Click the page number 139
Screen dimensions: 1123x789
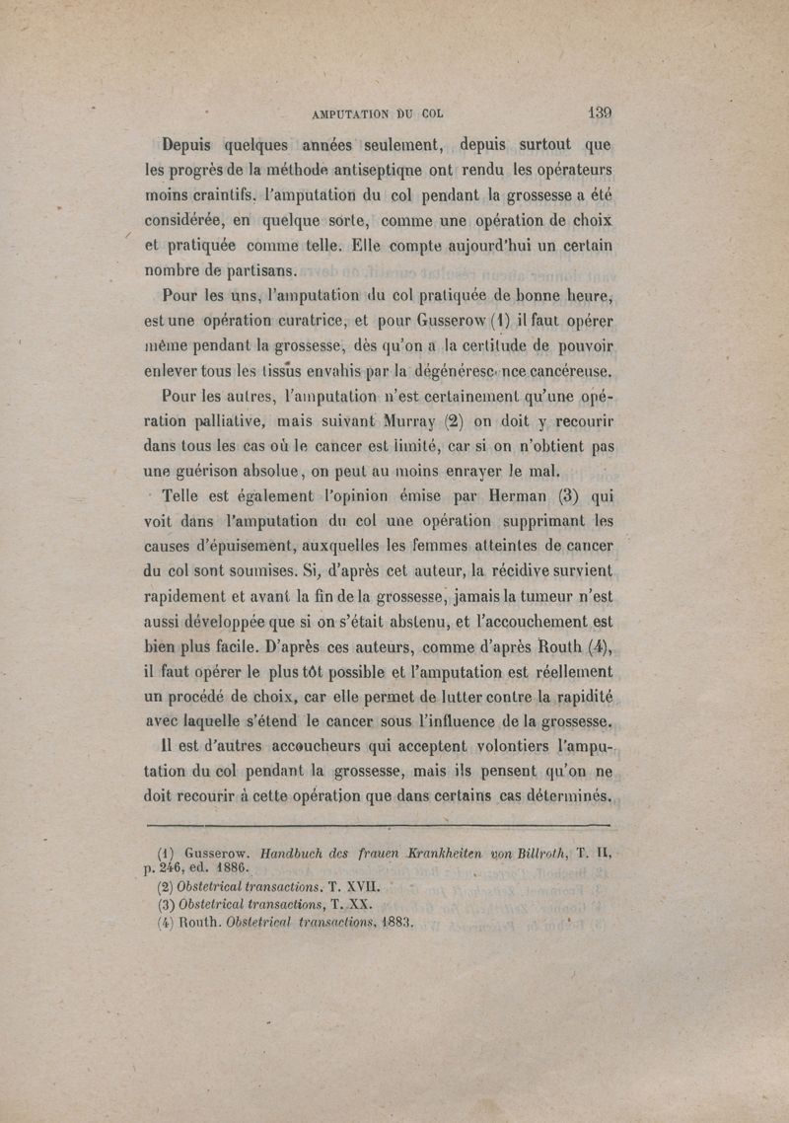point(598,112)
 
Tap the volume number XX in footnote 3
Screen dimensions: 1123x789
point(359,906)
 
